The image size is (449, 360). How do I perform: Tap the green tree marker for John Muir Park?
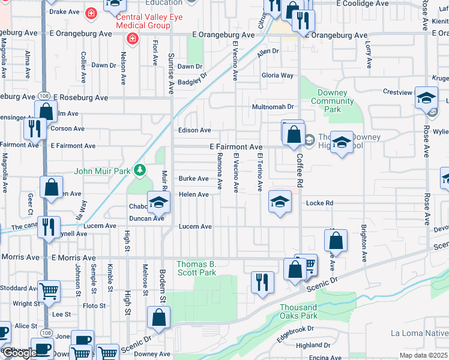pos(140,171)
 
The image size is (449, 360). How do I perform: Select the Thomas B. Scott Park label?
pos(196,268)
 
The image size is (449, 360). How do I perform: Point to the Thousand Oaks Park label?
pos(298,311)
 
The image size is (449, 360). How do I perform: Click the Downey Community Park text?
pos(328,101)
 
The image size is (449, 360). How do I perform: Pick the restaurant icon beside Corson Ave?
pos(34,127)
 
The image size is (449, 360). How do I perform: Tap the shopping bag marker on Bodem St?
pos(158,317)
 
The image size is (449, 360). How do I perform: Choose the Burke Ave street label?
pos(193,179)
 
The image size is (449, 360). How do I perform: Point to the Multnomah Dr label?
pos(272,107)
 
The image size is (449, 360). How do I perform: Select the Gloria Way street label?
pos(277,76)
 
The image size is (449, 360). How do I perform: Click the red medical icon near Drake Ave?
pos(91,12)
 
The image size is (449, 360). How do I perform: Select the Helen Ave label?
pos(193,194)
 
